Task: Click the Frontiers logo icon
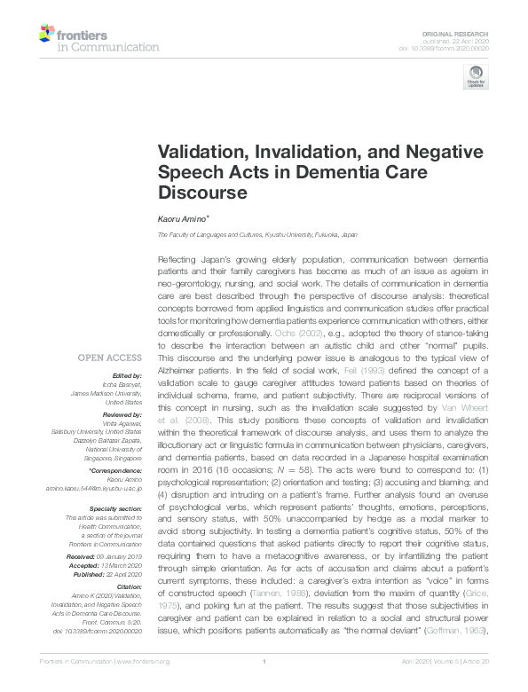(46, 34)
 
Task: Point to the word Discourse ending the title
(201, 191)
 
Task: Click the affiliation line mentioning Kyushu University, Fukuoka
(257, 234)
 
